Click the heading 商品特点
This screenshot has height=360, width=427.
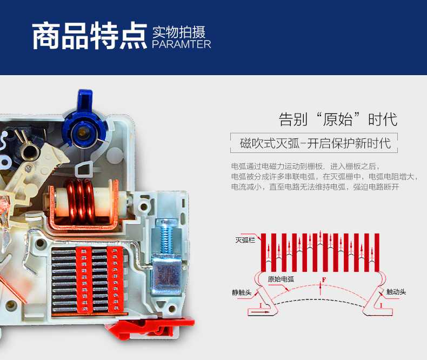click(89, 36)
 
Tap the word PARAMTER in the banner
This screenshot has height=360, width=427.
click(182, 44)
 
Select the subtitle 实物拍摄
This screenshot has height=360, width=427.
click(179, 32)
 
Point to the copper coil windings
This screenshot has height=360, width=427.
click(81, 202)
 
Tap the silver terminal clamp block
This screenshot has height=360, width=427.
click(166, 275)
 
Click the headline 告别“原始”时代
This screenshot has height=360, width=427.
click(338, 119)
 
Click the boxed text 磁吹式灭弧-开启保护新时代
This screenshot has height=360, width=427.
click(315, 143)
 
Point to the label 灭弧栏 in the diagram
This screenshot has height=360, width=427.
click(245, 240)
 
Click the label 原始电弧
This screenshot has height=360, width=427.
click(281, 279)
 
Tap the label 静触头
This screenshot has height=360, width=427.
click(242, 292)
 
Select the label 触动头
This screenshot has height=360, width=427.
click(396, 292)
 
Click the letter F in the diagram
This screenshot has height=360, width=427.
click(324, 279)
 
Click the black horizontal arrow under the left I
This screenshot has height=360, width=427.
click(260, 312)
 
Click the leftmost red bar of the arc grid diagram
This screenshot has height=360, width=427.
click(263, 252)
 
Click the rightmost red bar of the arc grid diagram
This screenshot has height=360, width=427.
click(377, 252)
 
